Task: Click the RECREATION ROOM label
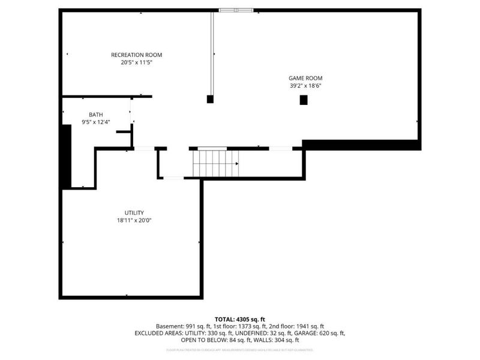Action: (x=136, y=55)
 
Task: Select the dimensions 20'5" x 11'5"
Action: (x=136, y=62)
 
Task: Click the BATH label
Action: (x=95, y=115)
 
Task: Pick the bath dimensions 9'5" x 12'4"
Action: (x=95, y=122)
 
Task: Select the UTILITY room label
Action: (x=134, y=212)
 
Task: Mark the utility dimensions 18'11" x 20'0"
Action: (x=134, y=220)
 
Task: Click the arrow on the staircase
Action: (x=236, y=163)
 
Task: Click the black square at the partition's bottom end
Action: (x=210, y=99)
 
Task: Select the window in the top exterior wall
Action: (x=236, y=10)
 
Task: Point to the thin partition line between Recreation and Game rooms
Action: (x=211, y=54)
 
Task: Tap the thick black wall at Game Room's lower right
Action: (x=361, y=145)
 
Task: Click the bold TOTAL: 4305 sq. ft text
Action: (x=239, y=319)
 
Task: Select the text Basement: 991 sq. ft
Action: (x=180, y=326)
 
